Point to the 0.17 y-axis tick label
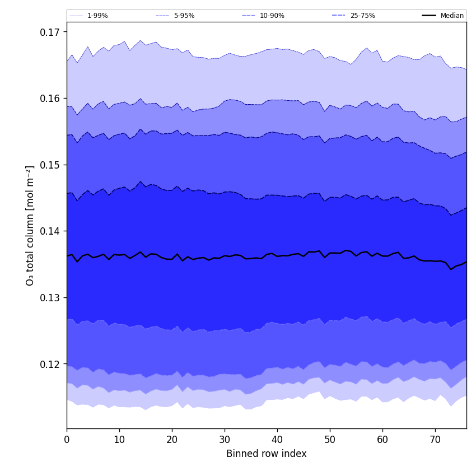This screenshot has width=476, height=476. [x=50, y=32]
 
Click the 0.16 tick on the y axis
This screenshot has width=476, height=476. [x=50, y=99]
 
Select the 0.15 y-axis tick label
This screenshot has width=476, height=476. [x=50, y=165]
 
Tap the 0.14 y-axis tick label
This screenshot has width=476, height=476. [x=50, y=231]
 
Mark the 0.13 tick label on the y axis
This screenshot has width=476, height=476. [x=50, y=297]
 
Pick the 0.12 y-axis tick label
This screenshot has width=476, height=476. [x=50, y=364]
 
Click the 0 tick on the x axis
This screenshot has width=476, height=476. [x=67, y=440]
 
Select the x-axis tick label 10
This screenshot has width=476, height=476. [x=119, y=440]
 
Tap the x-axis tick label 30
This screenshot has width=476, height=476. [x=225, y=440]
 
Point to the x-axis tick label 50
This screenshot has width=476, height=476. [x=330, y=440]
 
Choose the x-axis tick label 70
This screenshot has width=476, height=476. [x=435, y=440]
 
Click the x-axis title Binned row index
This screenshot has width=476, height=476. [x=267, y=454]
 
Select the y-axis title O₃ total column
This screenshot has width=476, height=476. [x=30, y=225]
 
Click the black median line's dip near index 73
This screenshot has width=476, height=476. [x=451, y=269]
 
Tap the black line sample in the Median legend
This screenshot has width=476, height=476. [x=430, y=16]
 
